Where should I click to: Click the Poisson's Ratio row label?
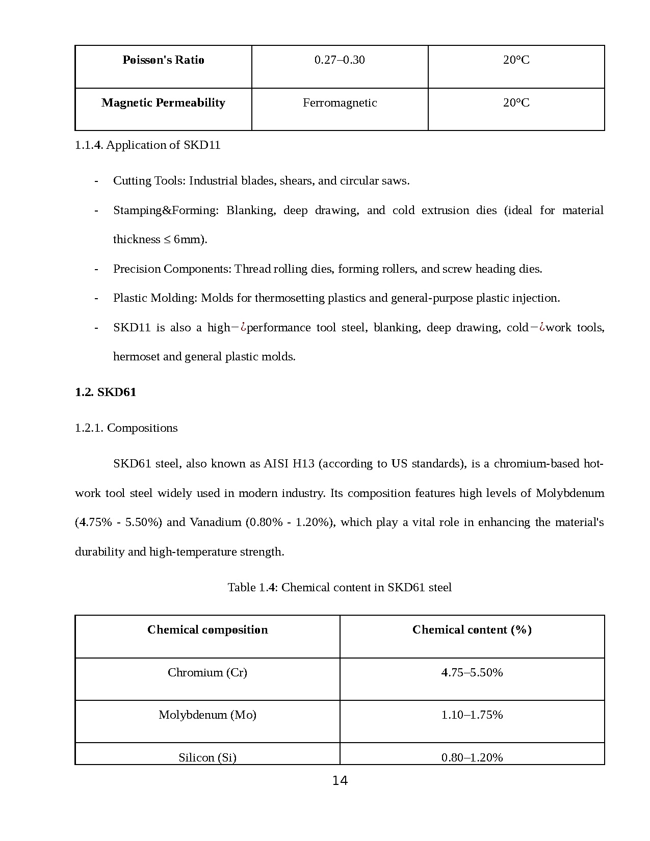tap(163, 60)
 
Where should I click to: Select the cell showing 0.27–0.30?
tap(340, 60)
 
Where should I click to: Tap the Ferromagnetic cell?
tap(340, 103)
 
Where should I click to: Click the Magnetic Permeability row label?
tap(163, 103)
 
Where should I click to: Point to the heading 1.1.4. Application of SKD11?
tap(147, 145)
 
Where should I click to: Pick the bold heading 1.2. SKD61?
tap(106, 392)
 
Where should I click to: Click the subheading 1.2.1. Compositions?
tap(126, 428)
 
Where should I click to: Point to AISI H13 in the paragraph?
tap(289, 464)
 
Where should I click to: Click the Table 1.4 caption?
tap(340, 588)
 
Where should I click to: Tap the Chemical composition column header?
tap(207, 630)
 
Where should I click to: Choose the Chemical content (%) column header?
tap(472, 630)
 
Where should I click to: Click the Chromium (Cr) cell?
tap(207, 673)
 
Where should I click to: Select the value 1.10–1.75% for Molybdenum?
tap(472, 715)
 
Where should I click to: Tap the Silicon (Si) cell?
tap(207, 757)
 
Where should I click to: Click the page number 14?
tap(340, 781)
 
